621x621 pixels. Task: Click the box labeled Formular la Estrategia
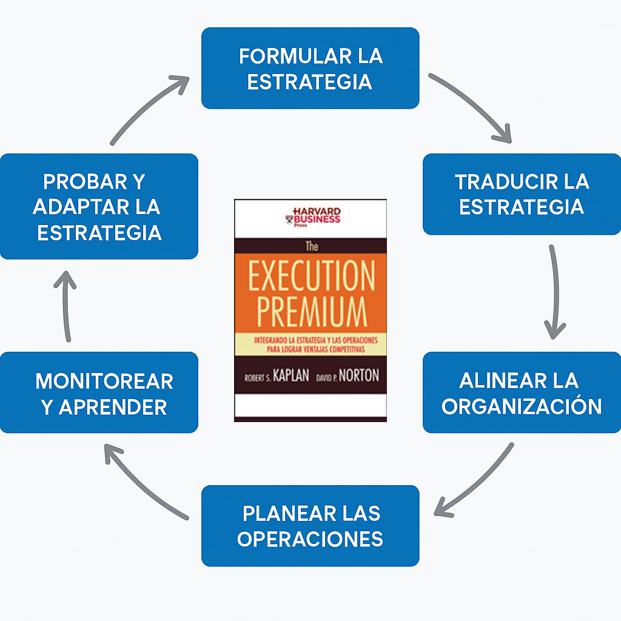[310, 68]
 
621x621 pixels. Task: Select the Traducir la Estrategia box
[522, 194]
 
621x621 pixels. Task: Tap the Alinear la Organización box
[522, 392]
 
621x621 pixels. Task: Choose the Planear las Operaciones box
[310, 526]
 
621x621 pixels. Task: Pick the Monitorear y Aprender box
[99, 392]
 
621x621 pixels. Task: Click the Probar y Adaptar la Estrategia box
[99, 206]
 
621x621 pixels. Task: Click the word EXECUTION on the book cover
[310, 278]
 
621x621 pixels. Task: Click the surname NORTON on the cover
[358, 375]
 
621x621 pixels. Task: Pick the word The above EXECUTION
[310, 247]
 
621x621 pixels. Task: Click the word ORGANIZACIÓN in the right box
[522, 406]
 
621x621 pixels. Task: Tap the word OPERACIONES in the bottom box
[310, 539]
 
